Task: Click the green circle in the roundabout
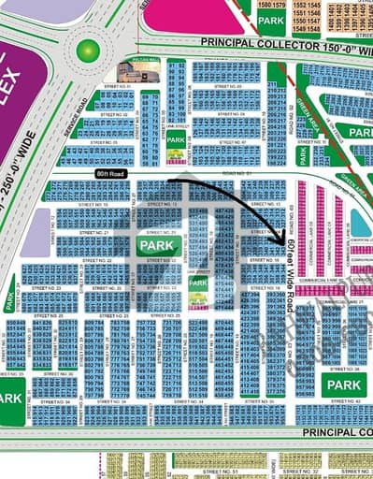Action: click(x=88, y=50)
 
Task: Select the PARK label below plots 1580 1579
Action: click(x=271, y=20)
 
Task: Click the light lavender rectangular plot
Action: click(x=36, y=231)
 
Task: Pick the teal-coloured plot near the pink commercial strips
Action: click(x=360, y=222)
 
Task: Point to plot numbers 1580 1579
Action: click(x=271, y=5)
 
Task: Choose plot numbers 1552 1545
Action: click(x=307, y=6)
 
